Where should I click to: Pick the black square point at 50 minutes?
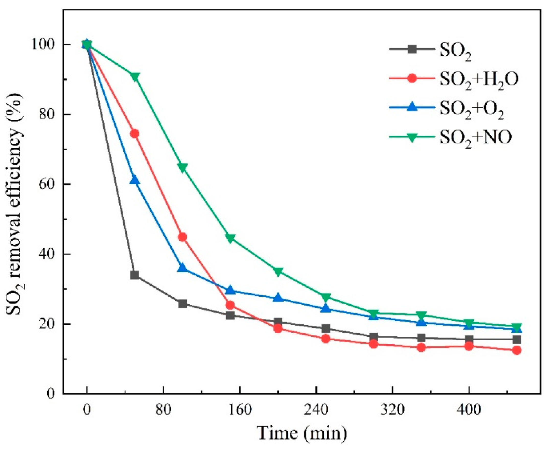pyautogui.click(x=135, y=275)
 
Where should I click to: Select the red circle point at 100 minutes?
pyautogui.click(x=182, y=237)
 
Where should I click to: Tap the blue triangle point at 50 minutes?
pyautogui.click(x=135, y=180)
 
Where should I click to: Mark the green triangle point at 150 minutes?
pyautogui.click(x=230, y=238)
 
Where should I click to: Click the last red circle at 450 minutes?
pyautogui.click(x=516, y=350)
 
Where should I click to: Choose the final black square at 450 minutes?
pyautogui.click(x=516, y=339)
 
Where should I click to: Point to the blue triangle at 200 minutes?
pyautogui.click(x=278, y=298)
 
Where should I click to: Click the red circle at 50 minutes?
pyautogui.click(x=135, y=134)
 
